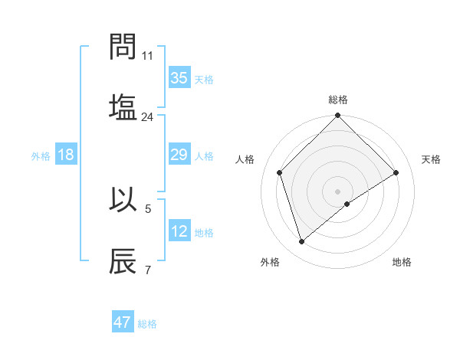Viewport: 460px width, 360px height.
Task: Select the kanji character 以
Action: click(x=123, y=200)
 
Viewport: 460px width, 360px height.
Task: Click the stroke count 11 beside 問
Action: click(x=148, y=56)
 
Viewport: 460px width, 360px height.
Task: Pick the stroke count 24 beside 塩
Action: click(x=148, y=116)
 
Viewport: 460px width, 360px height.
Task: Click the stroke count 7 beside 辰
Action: click(x=148, y=270)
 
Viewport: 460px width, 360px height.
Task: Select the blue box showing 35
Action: click(x=179, y=78)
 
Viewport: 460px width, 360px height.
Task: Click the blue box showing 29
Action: click(x=179, y=155)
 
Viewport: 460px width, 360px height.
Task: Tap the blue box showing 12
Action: click(x=179, y=231)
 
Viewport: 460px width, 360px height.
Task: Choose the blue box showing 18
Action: click(x=66, y=155)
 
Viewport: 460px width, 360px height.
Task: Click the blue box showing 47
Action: click(x=123, y=322)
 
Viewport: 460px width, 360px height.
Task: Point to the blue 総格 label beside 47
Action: click(x=147, y=324)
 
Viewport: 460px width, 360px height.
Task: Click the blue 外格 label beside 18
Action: click(x=41, y=156)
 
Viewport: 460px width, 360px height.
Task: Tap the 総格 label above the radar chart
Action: click(x=337, y=100)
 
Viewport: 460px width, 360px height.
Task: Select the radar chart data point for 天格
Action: click(x=396, y=172)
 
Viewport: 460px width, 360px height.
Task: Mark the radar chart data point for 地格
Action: click(x=347, y=204)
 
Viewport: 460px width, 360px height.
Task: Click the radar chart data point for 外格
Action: click(x=301, y=242)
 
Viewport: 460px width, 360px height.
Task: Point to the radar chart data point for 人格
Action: click(x=280, y=172)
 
